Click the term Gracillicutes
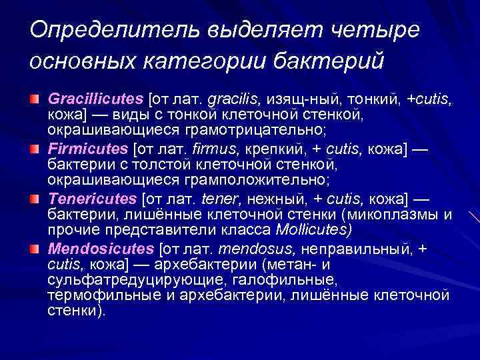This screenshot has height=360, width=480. click(x=95, y=99)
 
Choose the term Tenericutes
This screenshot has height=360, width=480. click(x=93, y=199)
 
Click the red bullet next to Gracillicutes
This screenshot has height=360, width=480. click(x=35, y=99)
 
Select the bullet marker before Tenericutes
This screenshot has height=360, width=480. click(x=35, y=199)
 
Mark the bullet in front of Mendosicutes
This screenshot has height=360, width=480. click(x=35, y=249)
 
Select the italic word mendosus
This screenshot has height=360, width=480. click(x=262, y=249)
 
